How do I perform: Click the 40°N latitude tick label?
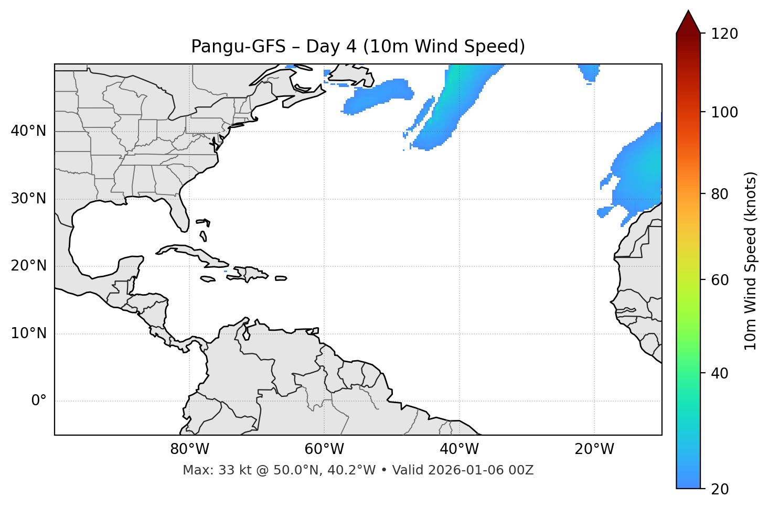(28, 131)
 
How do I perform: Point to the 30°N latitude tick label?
(28, 199)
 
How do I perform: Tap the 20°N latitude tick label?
(28, 266)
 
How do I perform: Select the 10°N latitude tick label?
(28, 333)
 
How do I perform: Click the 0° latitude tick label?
(39, 401)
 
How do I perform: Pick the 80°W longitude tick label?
(189, 449)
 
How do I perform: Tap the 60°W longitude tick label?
(324, 449)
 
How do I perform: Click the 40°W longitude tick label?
(459, 449)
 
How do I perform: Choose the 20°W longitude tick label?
(594, 449)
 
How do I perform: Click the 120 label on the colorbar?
(724, 34)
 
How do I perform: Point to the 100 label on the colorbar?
(724, 112)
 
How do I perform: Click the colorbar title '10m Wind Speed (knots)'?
(751, 261)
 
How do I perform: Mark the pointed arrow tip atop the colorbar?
(688, 12)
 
